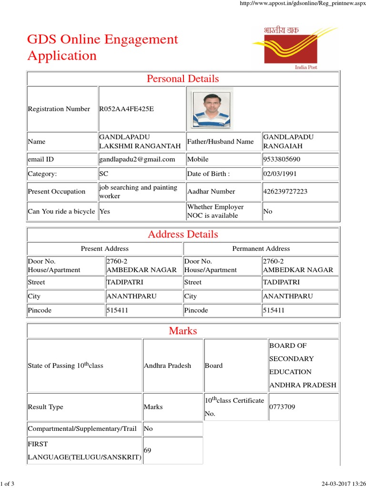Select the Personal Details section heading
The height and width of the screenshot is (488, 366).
183,79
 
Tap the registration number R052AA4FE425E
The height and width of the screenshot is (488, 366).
126,109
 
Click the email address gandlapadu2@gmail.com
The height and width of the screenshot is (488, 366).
137,159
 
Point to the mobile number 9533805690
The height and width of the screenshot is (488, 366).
282,159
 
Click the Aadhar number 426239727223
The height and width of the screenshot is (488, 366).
285,192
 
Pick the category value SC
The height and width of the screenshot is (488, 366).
104,174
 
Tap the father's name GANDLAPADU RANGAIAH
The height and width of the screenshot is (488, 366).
288,141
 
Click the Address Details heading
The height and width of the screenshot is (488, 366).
183,234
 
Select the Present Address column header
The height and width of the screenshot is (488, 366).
104,249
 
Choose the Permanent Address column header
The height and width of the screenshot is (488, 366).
261,249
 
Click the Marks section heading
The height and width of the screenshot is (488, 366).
183,331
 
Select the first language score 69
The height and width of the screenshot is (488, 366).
148,449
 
